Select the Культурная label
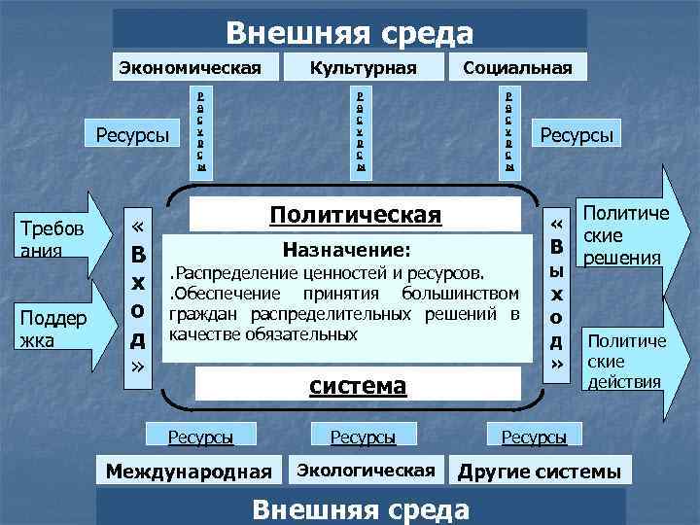tap(363, 67)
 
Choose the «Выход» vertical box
tap(557, 292)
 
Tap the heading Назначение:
tap(346, 249)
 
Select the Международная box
tap(190, 472)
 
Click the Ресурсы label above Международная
tap(200, 437)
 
